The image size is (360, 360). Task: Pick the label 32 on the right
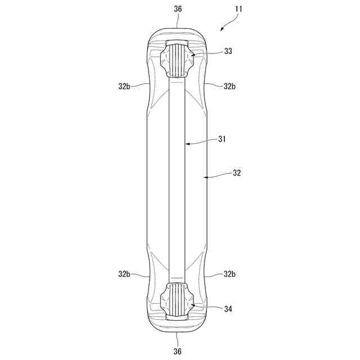pos(236,174)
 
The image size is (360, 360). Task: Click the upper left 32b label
pos(124,86)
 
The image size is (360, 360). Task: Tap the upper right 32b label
pos(229,86)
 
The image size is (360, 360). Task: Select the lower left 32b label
pos(124,274)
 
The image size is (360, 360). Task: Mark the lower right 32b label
pos(229,274)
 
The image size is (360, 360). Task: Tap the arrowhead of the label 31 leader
pos(187,144)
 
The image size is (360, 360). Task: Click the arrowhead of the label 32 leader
pos(205,177)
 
